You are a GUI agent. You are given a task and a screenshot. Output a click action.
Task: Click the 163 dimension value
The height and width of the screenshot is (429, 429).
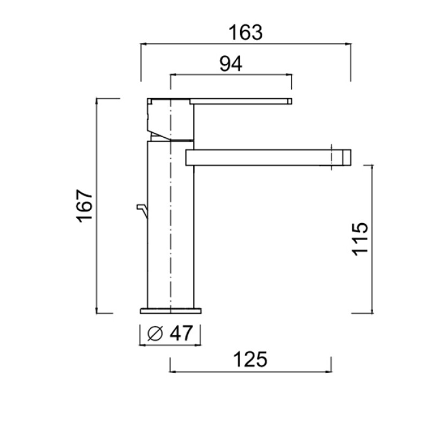246,33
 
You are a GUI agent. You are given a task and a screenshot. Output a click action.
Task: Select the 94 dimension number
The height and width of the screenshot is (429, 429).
231,64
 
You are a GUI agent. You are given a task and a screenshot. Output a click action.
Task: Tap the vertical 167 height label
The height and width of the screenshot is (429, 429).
84,206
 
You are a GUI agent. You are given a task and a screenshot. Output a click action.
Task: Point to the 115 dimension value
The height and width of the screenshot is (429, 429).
360,239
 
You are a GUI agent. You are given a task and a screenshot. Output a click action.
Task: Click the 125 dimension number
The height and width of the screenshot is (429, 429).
250,359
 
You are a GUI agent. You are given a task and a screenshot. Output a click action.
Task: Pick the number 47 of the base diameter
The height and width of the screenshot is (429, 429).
181,333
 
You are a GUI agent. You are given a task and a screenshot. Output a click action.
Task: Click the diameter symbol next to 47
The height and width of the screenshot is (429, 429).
155,334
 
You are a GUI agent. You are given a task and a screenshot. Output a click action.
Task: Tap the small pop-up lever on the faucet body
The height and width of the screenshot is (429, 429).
142,211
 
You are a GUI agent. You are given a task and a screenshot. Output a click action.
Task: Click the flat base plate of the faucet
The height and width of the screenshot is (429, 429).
171,311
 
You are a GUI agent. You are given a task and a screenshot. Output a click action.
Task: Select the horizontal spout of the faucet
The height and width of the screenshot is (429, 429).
268,158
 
